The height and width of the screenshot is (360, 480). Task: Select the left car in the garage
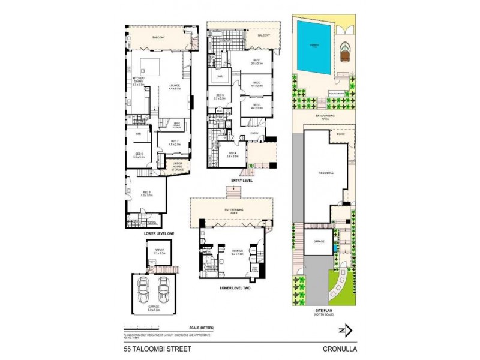143,291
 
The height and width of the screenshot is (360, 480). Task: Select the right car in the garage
163,291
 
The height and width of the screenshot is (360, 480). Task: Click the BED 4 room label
232,154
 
